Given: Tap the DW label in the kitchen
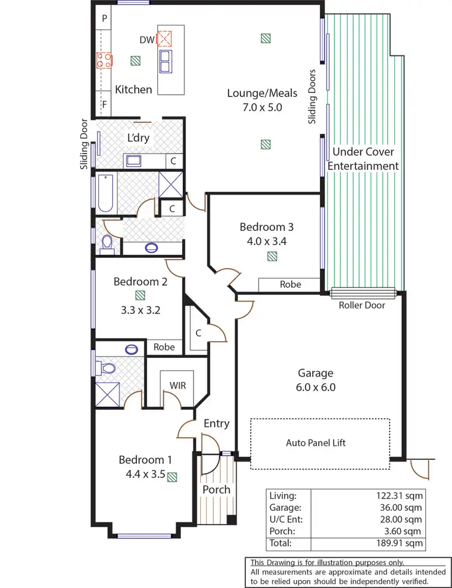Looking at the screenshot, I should click(146, 40).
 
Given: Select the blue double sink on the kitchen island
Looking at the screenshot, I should click(165, 60).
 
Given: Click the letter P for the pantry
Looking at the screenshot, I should click(104, 19).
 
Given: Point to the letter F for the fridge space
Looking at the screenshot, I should click(104, 105).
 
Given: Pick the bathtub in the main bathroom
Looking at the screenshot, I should click(106, 193).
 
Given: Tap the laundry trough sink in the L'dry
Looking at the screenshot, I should click(133, 160).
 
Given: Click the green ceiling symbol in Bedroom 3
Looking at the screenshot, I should click(272, 256).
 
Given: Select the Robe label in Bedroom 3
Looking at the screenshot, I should click(290, 284).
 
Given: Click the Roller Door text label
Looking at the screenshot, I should click(362, 305).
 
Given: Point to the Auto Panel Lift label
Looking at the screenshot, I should click(316, 443).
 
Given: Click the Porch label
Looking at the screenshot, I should click(216, 489).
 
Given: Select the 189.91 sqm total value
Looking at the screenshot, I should click(398, 543).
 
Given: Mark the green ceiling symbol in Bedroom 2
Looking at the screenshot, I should click(140, 295).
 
